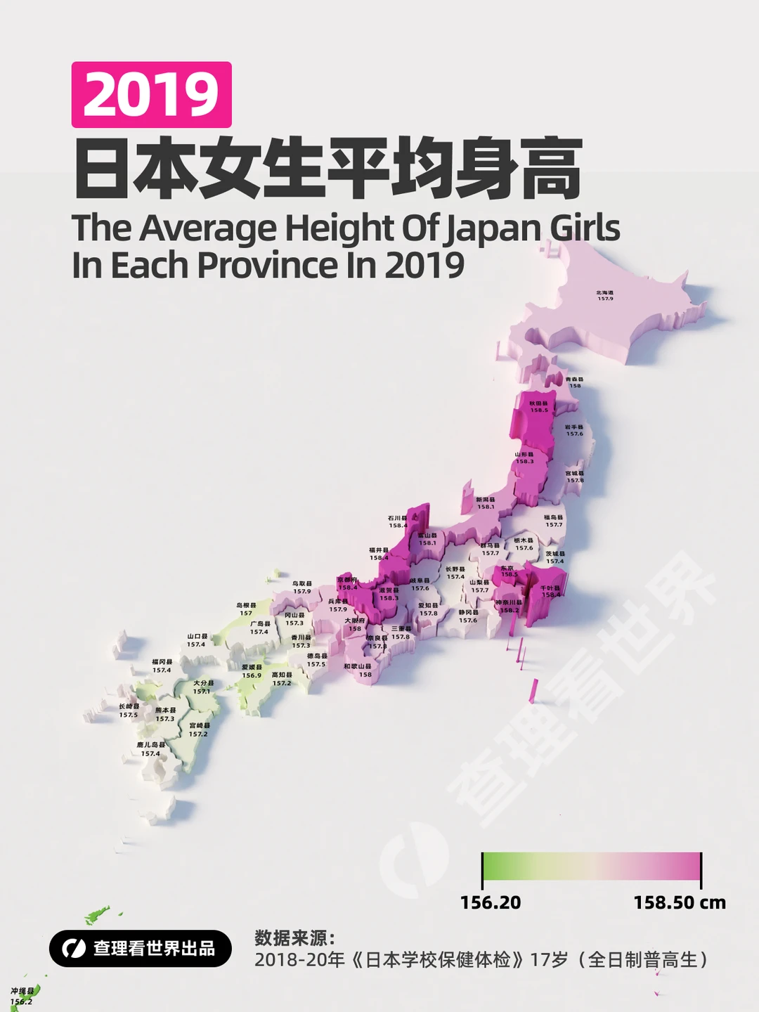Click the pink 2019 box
[151, 95]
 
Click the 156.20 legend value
[491, 902]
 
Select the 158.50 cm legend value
[679, 902]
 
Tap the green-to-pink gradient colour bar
[592, 866]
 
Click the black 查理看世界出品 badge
[141, 948]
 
